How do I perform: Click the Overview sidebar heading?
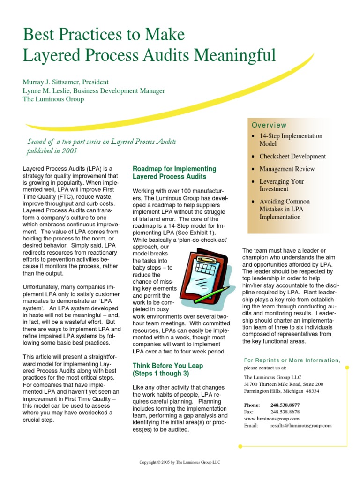pyautogui.click(x=269, y=125)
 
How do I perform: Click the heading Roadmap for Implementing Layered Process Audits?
pyautogui.click(x=174, y=172)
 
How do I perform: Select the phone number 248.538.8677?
pyautogui.click(x=285, y=405)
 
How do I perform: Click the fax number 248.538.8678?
pyautogui.click(x=285, y=412)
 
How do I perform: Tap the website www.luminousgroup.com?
pyautogui.click(x=272, y=419)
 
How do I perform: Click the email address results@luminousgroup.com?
pyautogui.click(x=301, y=425)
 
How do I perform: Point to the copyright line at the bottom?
pyautogui.click(x=180, y=462)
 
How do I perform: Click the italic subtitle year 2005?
pyautogui.click(x=70, y=150)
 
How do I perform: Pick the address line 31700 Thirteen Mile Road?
pyautogui.click(x=284, y=384)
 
